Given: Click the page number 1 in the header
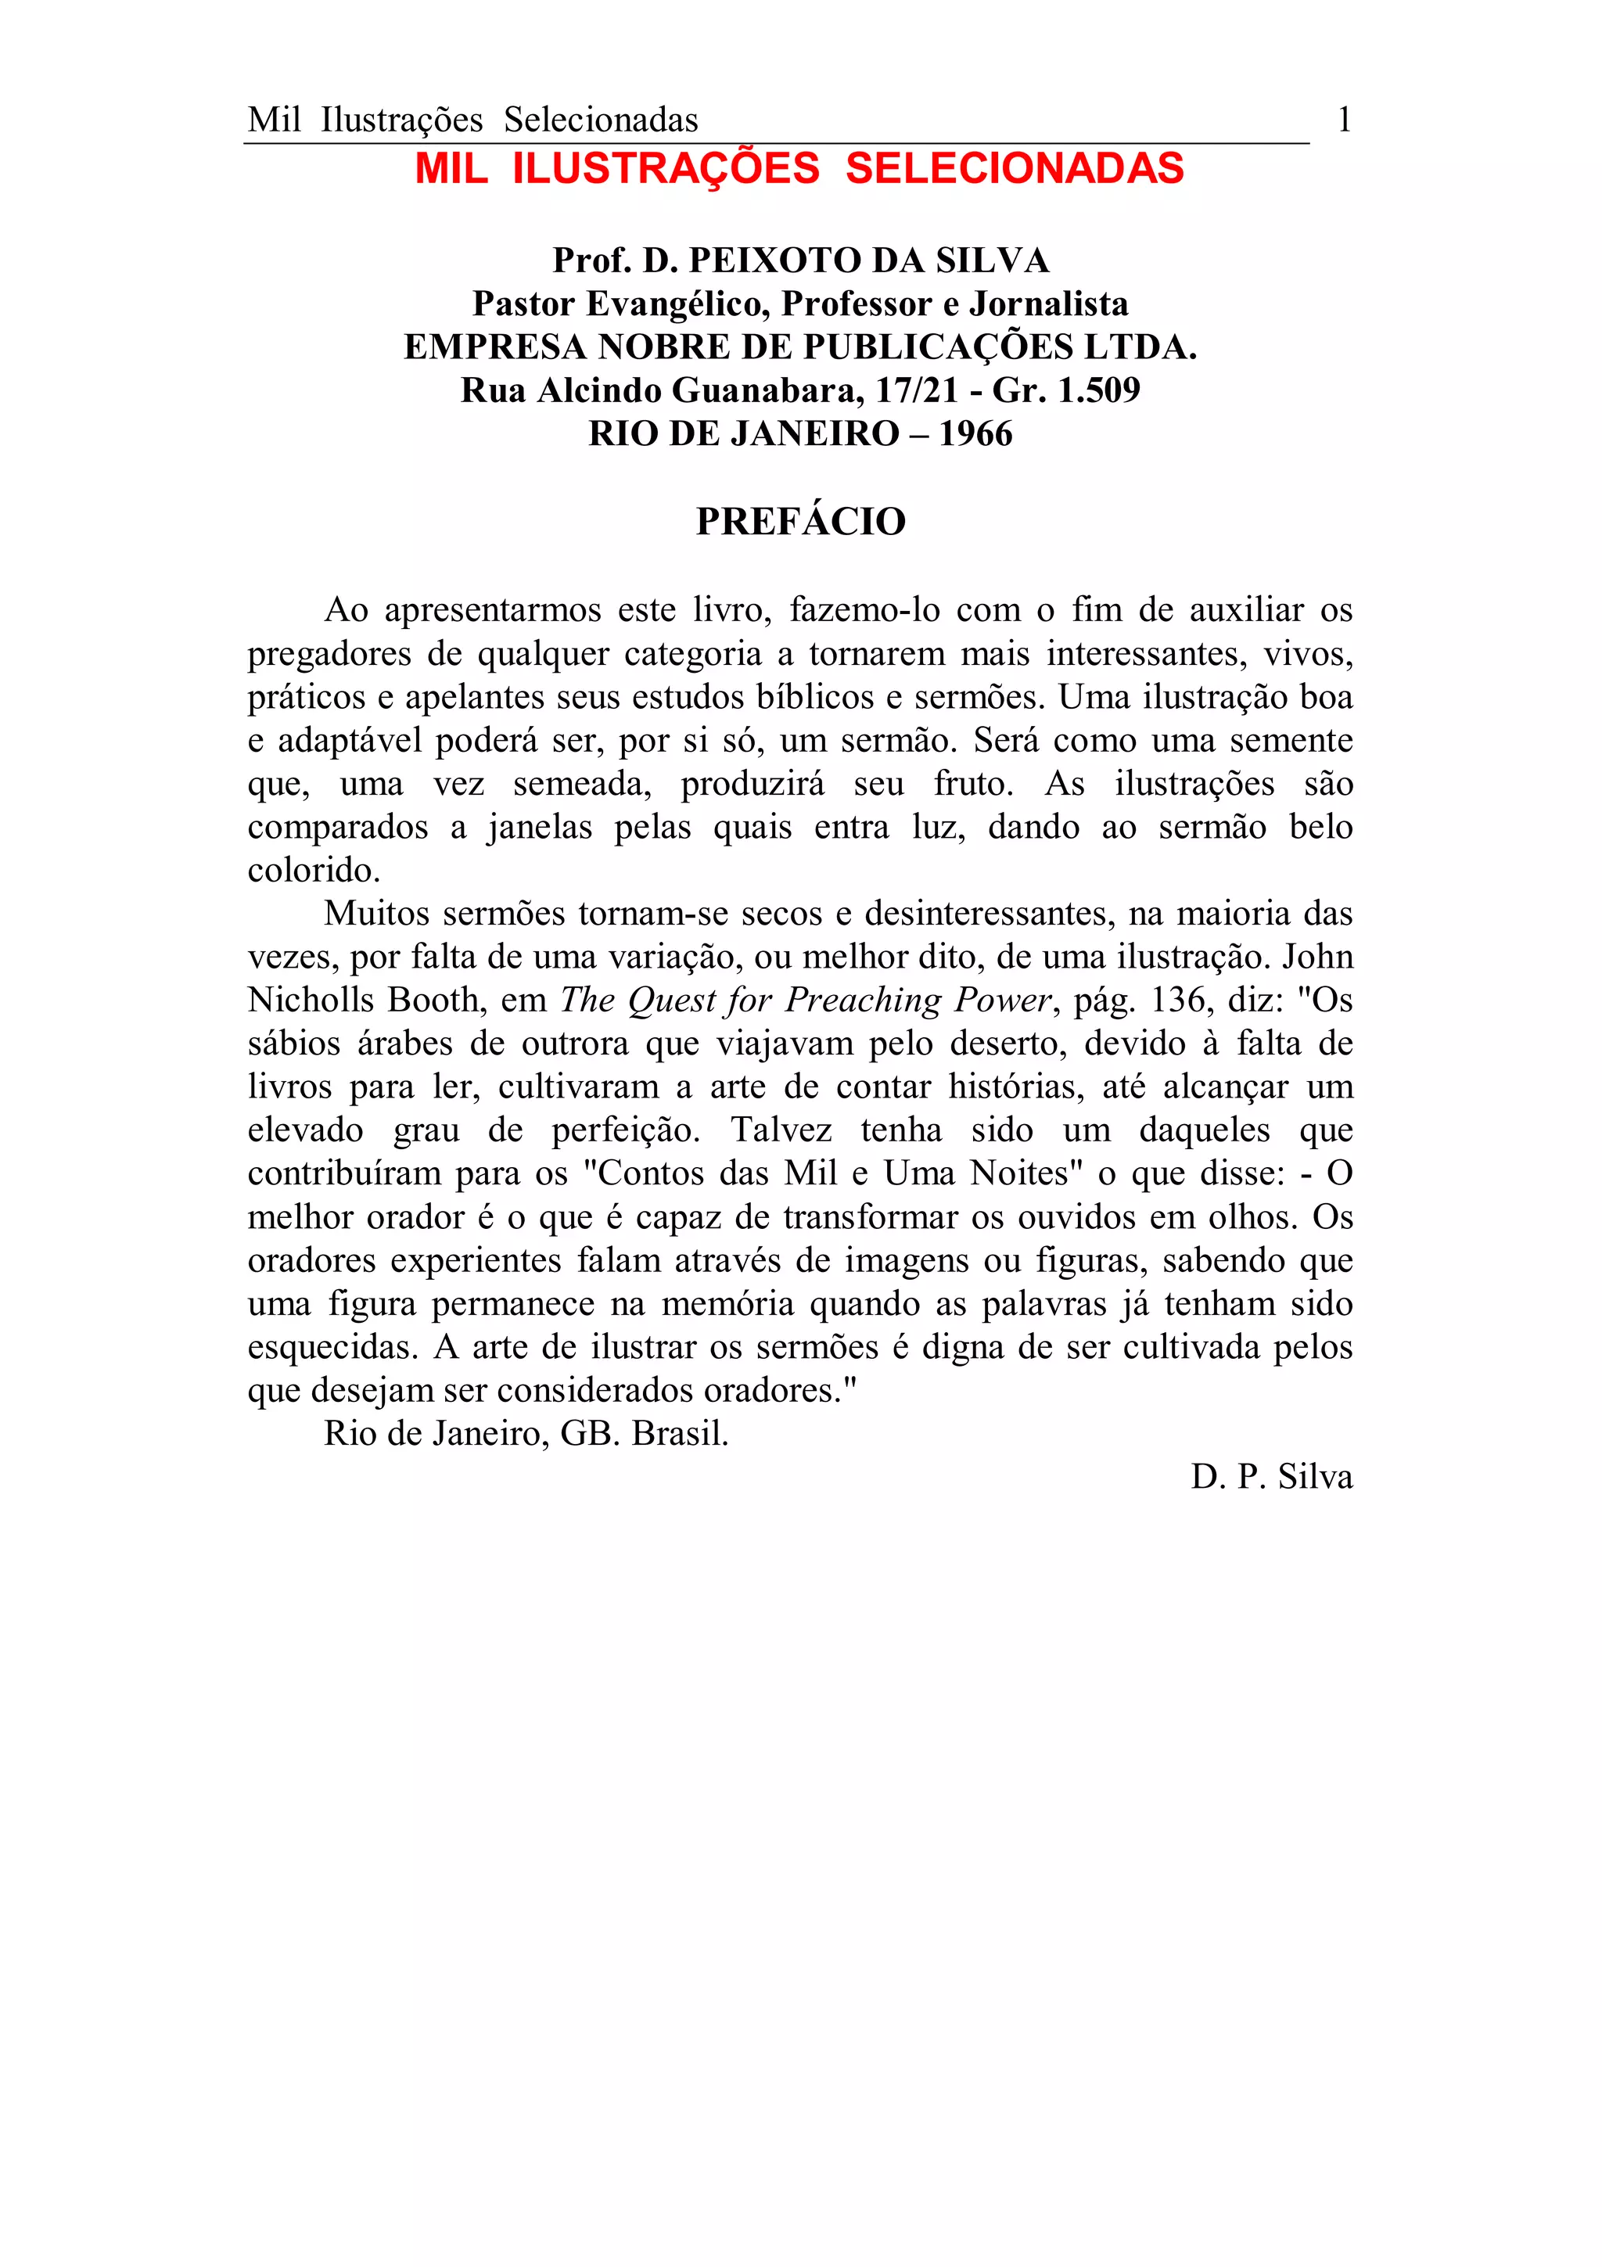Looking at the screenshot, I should pyautogui.click(x=1343, y=120).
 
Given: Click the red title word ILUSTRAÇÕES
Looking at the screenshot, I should pyautogui.click(x=666, y=169).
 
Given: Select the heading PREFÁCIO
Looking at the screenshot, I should pyautogui.click(x=800, y=521).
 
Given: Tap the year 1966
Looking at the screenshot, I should pyautogui.click(x=975, y=433).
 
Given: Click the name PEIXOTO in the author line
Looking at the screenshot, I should pyautogui.click(x=765, y=260).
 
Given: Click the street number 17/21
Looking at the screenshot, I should pyautogui.click(x=917, y=391).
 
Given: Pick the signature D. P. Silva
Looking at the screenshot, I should pyautogui.click(x=1271, y=1477).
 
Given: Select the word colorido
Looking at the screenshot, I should pyautogui.click(x=313, y=871).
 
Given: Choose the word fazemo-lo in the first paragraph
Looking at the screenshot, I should pyautogui.click(x=864, y=610).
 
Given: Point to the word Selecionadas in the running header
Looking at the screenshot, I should pyautogui.click(x=601, y=120).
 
